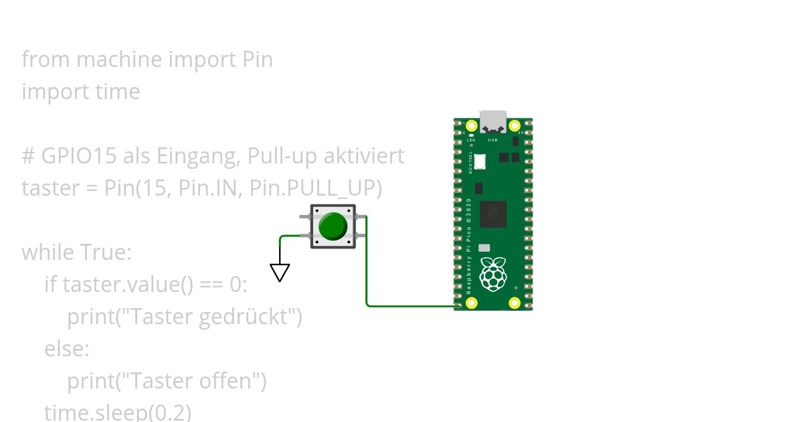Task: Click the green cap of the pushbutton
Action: click(333, 226)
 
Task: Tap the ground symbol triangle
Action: click(280, 272)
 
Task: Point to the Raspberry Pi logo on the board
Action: click(493, 274)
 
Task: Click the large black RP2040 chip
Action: click(493, 214)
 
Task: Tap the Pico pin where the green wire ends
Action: click(459, 306)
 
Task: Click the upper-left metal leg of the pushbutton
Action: click(305, 216)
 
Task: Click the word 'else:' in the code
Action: click(66, 349)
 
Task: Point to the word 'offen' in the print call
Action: click(229, 381)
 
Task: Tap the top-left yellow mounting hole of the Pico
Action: click(472, 126)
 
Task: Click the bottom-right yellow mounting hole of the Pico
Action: click(515, 303)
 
